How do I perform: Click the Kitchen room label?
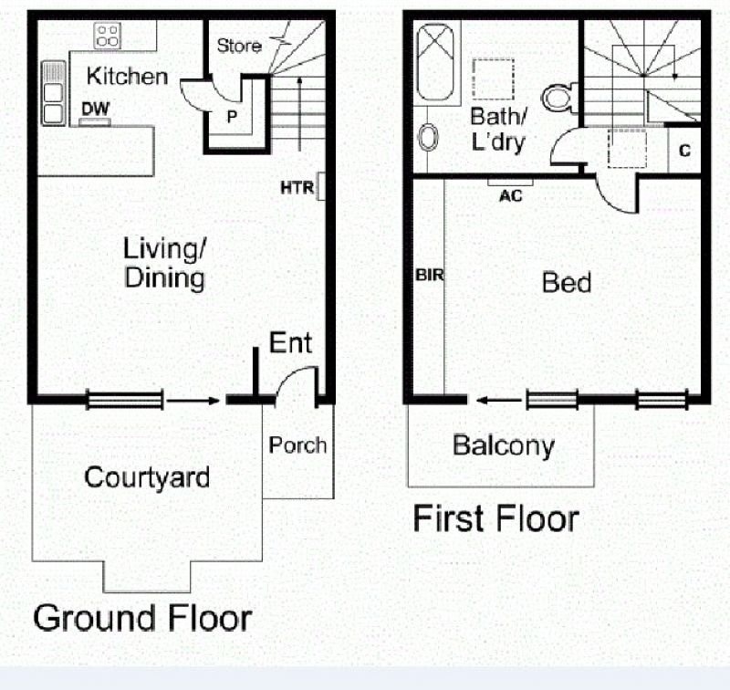click(127, 77)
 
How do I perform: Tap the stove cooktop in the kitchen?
click(108, 36)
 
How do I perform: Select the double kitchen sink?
click(54, 93)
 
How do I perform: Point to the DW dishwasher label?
click(95, 109)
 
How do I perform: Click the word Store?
click(239, 46)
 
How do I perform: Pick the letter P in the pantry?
click(232, 117)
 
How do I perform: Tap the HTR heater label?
click(297, 188)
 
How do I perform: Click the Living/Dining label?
click(164, 263)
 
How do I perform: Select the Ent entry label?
click(290, 343)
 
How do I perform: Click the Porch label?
click(298, 445)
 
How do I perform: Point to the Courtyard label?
click(147, 477)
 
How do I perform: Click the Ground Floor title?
click(142, 618)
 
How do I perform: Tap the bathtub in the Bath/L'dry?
click(435, 62)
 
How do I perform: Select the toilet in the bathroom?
click(559, 97)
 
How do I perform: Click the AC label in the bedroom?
click(511, 196)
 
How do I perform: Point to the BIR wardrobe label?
click(429, 275)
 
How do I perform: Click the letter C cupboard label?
click(684, 151)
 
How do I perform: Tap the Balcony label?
click(504, 445)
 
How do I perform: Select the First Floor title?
click(495, 518)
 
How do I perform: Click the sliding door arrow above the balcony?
click(499, 400)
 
